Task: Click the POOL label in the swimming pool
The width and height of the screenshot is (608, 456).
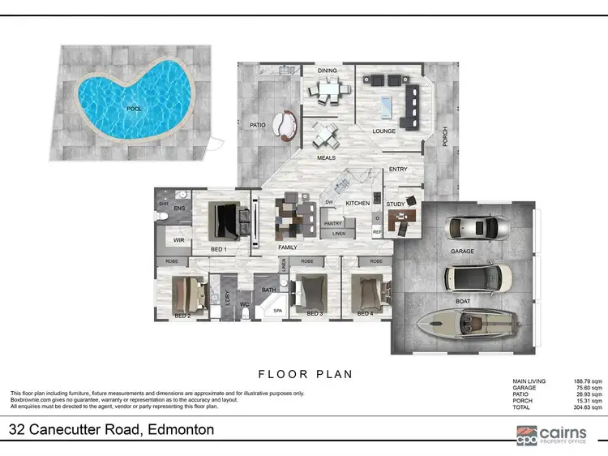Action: click(134, 108)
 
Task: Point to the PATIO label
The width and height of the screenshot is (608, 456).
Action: click(258, 125)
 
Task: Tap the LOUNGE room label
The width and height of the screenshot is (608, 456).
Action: click(383, 131)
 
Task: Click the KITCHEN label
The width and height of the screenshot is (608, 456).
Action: click(358, 203)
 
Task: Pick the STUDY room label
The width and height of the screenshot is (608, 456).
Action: click(395, 204)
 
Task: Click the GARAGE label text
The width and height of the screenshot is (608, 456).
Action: click(464, 252)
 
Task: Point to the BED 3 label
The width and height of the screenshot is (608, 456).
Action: click(315, 312)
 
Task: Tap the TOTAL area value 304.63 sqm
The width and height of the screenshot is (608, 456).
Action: click(588, 407)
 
